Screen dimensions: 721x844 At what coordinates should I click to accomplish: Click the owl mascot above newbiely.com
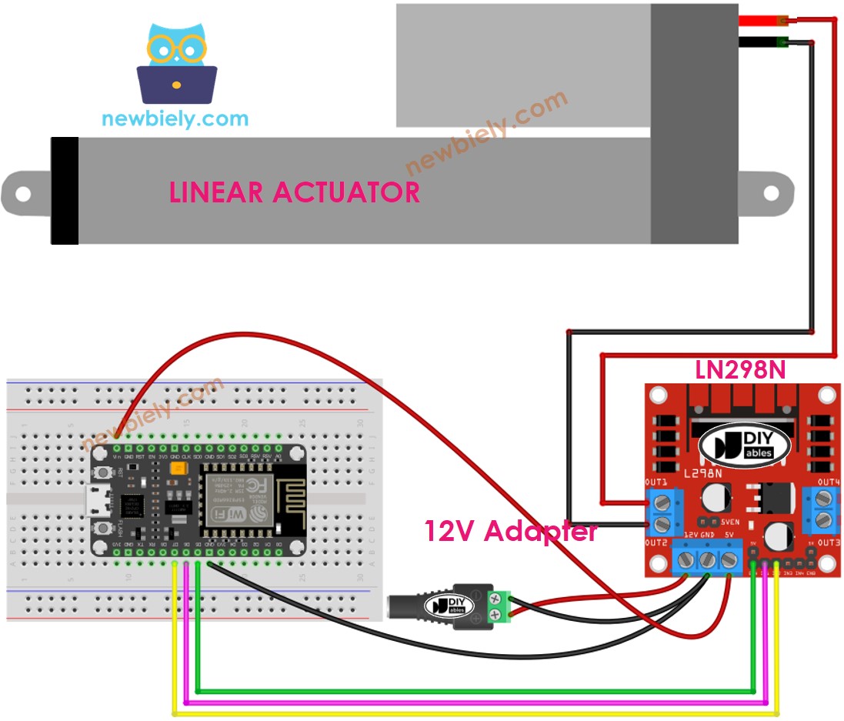click(177, 65)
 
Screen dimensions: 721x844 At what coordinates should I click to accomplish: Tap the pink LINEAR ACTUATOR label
click(295, 192)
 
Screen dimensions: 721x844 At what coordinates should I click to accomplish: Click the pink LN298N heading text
click(740, 370)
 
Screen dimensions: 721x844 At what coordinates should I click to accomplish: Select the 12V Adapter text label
click(510, 531)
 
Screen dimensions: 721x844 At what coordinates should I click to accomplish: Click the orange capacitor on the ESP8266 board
click(175, 468)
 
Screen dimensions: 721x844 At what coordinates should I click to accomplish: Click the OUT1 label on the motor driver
click(657, 482)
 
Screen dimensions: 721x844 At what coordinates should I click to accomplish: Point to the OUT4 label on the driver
click(828, 482)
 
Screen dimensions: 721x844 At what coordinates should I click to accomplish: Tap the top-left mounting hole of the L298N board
click(659, 396)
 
